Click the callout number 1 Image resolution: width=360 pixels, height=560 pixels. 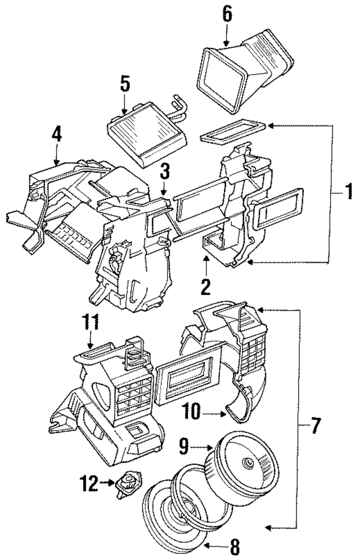click(x=348, y=194)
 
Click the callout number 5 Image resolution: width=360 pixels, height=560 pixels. click(x=125, y=84)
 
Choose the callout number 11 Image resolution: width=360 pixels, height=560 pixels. click(x=91, y=324)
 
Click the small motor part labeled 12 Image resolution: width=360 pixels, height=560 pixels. click(x=129, y=483)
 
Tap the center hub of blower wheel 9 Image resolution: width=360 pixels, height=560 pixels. click(x=246, y=463)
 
